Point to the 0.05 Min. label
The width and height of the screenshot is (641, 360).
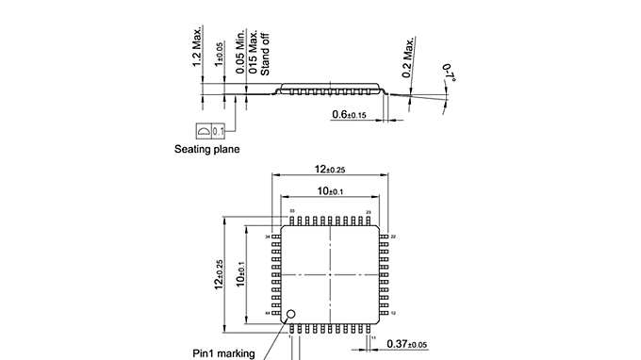pos(242,51)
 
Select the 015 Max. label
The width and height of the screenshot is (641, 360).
pos(255,51)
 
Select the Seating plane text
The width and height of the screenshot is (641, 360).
pos(207,149)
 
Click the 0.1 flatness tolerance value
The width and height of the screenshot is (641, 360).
pos(219,130)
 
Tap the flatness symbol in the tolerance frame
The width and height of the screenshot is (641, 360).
pos(203,130)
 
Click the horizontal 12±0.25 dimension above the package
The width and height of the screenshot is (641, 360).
pos(329,169)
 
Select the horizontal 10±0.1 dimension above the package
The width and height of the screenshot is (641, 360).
pos(329,191)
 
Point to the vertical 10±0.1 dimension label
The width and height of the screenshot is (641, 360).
pos(242,277)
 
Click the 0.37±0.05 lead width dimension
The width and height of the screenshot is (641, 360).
pos(407,345)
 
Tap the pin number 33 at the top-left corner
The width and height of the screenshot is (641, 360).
pos(292,211)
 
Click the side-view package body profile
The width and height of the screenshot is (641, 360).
pos(330,87)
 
